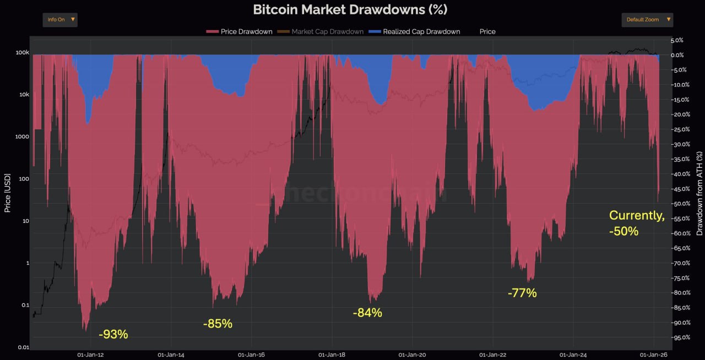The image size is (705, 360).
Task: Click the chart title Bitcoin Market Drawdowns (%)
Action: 350,9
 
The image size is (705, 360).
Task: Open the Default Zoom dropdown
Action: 647,20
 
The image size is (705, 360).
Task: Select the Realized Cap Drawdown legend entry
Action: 415,31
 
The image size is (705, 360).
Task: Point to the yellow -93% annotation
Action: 113,334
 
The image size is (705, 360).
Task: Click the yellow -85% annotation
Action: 218,324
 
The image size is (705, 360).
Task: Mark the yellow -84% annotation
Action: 367,313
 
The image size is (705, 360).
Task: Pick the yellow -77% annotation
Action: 522,293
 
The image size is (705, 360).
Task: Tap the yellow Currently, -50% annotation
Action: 637,223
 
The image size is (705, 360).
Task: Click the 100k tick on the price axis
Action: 23,53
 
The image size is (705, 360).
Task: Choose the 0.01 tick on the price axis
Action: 23,347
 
